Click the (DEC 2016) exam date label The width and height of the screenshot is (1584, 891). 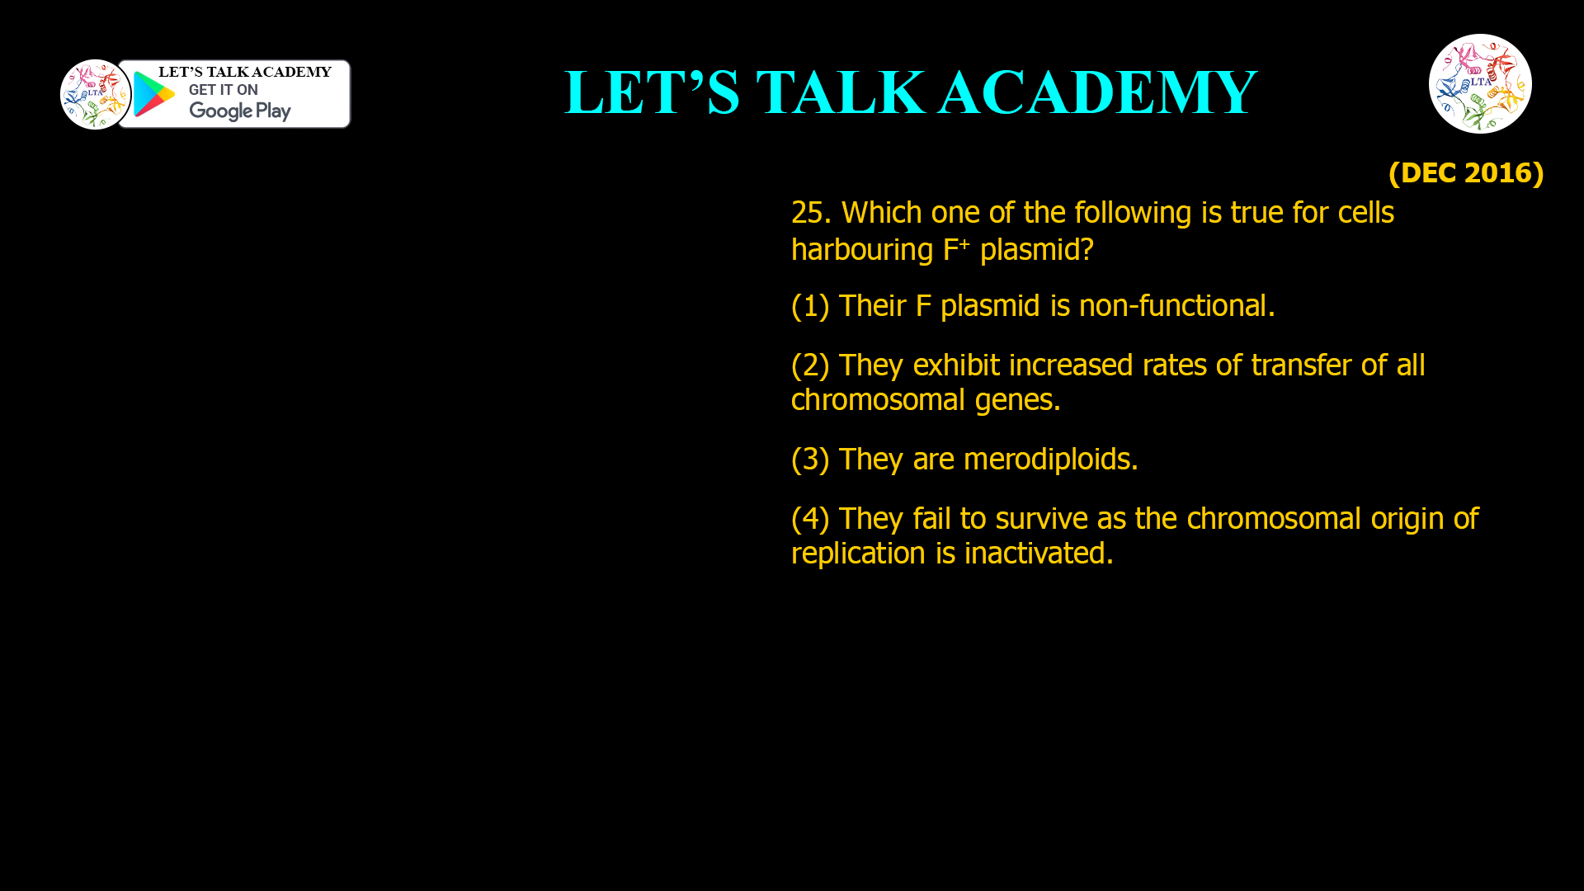pyautogui.click(x=1465, y=172)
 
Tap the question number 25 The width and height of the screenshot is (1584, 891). pyautogui.click(x=810, y=213)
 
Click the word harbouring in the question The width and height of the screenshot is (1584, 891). pyautogui.click(x=861, y=249)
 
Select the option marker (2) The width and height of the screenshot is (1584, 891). pyautogui.click(x=809, y=365)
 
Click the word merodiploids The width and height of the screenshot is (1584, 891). pyautogui.click(x=1050, y=459)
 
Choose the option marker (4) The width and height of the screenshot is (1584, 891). pyautogui.click(x=809, y=518)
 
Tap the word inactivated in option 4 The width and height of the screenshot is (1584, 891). pyautogui.click(x=1038, y=553)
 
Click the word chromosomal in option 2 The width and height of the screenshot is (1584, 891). pyautogui.click(x=877, y=400)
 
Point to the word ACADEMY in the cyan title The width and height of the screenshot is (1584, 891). pyautogui.click(x=1097, y=92)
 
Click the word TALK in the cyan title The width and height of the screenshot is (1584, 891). pyautogui.click(x=840, y=92)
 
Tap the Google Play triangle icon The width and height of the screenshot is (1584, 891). pyautogui.click(x=153, y=94)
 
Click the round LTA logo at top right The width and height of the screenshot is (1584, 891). pyautogui.click(x=1480, y=83)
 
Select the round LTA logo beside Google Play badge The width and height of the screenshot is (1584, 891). pyautogui.click(x=95, y=94)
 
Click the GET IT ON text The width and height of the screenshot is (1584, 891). pyautogui.click(x=223, y=90)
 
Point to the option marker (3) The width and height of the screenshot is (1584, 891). pyautogui.click(x=809, y=459)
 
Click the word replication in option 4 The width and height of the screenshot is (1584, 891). pyautogui.click(x=858, y=553)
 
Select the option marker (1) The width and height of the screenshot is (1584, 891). pyautogui.click(x=809, y=306)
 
